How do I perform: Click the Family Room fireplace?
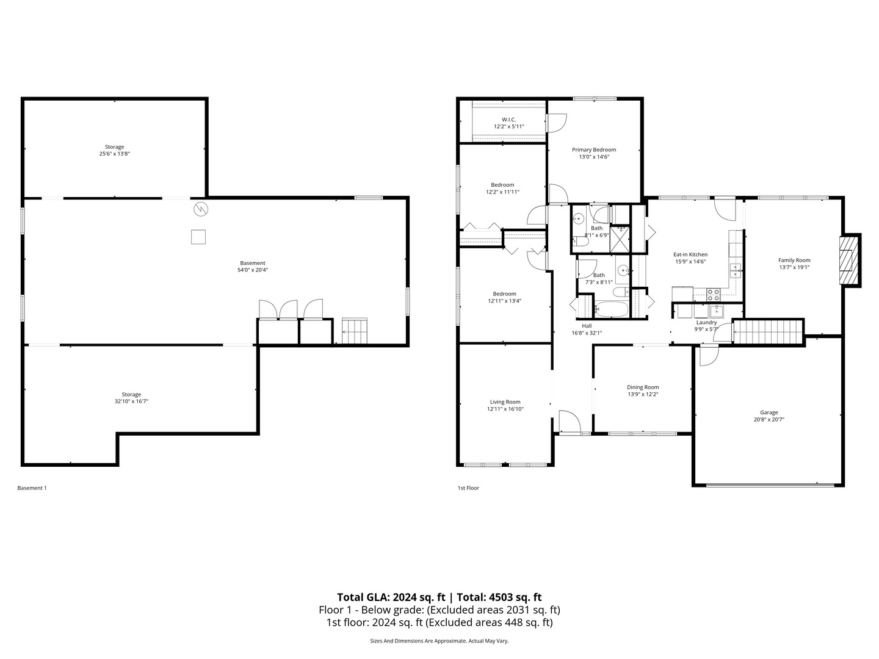[848, 261]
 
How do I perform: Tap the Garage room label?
[769, 412]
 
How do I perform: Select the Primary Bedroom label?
[593, 149]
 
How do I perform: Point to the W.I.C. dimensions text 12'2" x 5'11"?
[509, 127]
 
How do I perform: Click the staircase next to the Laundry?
[768, 332]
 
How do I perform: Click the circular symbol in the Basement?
[201, 210]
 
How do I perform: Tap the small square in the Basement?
[198, 237]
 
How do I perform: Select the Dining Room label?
[643, 387]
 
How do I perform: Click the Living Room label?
[505, 402]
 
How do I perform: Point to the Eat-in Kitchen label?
[690, 254]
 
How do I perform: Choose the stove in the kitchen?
[714, 295]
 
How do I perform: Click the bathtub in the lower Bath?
[611, 309]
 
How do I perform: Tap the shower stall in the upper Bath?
[620, 239]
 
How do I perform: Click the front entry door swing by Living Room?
[570, 422]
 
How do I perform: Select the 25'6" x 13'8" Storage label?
[114, 147]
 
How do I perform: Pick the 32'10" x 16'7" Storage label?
[131, 395]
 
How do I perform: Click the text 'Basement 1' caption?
[32, 488]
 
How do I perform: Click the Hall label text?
[586, 326]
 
